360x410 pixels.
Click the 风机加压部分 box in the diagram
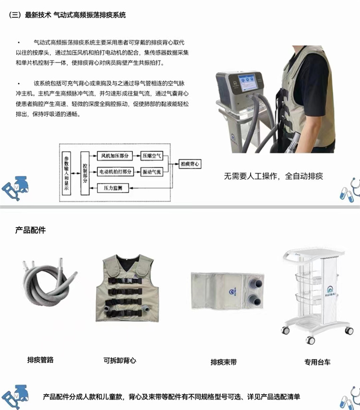pos(115,156)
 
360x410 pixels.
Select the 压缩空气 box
pos(152,156)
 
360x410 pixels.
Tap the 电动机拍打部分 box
pos(115,172)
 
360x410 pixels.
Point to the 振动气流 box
pos(152,172)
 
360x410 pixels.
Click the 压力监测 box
pos(113,188)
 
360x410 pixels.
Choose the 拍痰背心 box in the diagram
pos(190,164)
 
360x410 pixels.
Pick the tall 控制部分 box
pos(85,173)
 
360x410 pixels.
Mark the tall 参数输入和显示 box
pos(66,173)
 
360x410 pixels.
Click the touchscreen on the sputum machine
pos(247,83)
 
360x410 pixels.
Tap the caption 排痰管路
pos(40,360)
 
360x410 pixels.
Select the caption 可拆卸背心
pos(120,361)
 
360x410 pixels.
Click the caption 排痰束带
pos(224,362)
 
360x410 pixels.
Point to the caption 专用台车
pos(317,362)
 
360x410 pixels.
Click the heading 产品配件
pos(30,230)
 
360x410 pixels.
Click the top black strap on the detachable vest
pos(125,280)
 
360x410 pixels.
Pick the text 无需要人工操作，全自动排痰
pos(274,176)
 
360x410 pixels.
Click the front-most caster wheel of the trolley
pos(311,340)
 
